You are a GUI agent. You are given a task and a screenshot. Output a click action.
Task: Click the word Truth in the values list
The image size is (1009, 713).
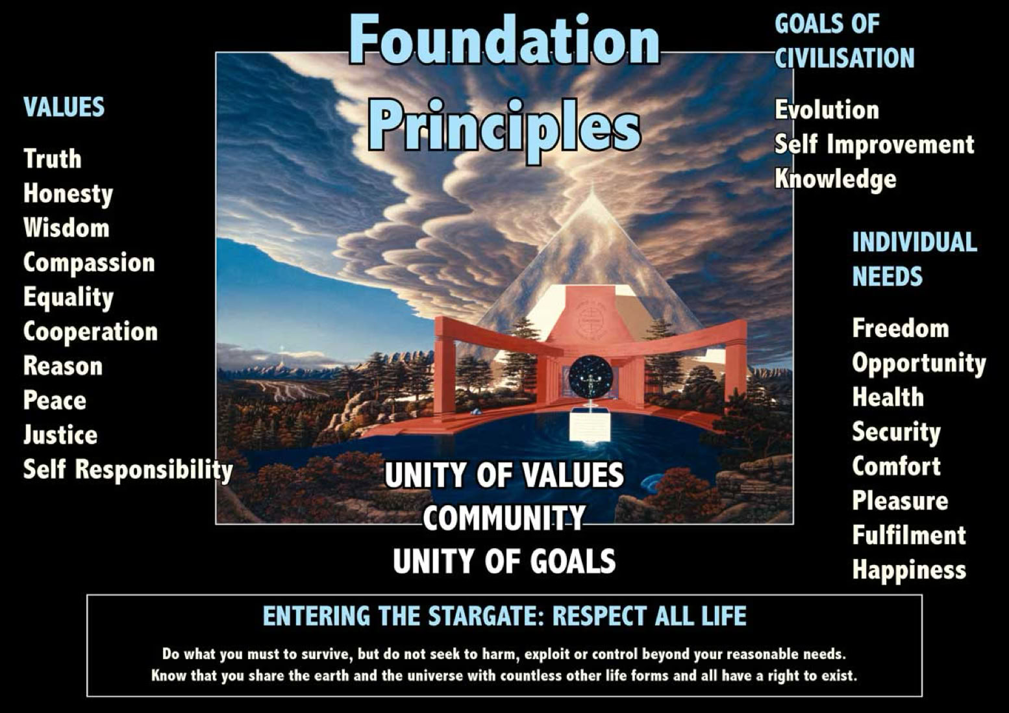(x=52, y=158)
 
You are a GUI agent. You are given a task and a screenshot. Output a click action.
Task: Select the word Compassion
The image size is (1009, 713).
(x=89, y=262)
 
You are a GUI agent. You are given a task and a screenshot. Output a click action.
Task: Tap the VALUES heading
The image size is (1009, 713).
(x=64, y=107)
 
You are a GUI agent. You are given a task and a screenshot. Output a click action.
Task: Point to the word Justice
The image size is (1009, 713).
(x=60, y=434)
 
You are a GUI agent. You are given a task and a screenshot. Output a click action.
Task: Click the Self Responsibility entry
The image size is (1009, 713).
(x=128, y=469)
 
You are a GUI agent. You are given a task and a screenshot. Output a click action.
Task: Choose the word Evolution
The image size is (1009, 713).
(x=827, y=110)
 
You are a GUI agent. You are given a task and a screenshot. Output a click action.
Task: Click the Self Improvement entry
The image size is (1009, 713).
(x=874, y=145)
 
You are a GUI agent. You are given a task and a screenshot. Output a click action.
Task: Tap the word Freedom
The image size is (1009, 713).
(x=900, y=329)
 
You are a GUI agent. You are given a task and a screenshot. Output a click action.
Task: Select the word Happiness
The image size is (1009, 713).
(x=909, y=569)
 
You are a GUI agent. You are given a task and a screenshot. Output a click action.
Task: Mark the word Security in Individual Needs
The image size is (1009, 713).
(x=897, y=432)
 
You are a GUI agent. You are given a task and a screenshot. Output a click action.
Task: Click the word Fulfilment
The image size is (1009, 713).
(x=909, y=535)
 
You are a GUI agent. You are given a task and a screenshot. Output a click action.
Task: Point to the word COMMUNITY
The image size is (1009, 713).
(x=503, y=518)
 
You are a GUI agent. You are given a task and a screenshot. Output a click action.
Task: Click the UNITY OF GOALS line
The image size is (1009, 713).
(x=504, y=561)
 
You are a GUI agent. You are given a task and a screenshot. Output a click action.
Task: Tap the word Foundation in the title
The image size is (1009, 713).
(x=504, y=40)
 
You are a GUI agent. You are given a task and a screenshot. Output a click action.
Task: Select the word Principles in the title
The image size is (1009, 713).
(x=504, y=128)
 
